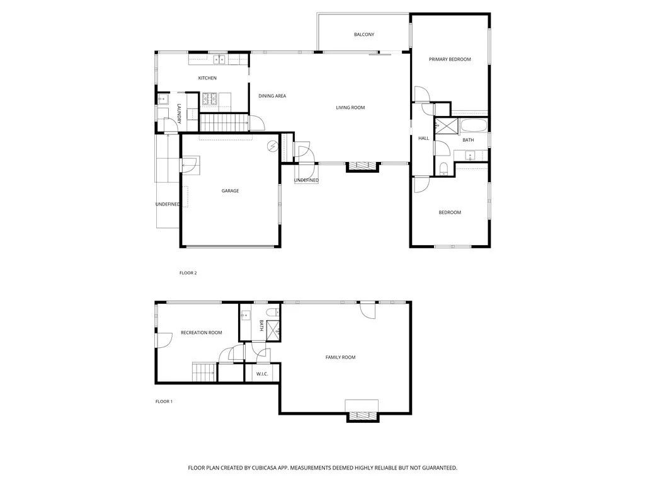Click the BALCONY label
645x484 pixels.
[x=364, y=35]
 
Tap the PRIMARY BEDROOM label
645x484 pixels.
[x=450, y=59]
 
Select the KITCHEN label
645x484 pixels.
[x=207, y=78]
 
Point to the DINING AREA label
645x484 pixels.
[x=272, y=96]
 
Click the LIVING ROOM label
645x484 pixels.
[x=350, y=108]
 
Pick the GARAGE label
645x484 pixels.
[x=230, y=191]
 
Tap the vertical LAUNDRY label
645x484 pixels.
[x=179, y=113]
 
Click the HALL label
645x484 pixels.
[x=423, y=138]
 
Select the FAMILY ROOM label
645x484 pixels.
[x=340, y=357]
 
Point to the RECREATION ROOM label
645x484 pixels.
[x=201, y=333]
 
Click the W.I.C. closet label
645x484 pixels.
[x=261, y=374]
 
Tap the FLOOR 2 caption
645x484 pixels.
[x=188, y=273]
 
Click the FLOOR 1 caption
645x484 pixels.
[x=164, y=401]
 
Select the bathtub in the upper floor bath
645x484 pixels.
[x=474, y=125]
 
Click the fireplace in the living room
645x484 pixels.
[x=362, y=166]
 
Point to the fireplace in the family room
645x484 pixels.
[x=362, y=415]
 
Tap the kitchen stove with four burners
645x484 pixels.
[x=209, y=99]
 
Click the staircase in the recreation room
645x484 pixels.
[x=203, y=372]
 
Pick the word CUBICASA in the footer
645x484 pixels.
[x=267, y=468]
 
